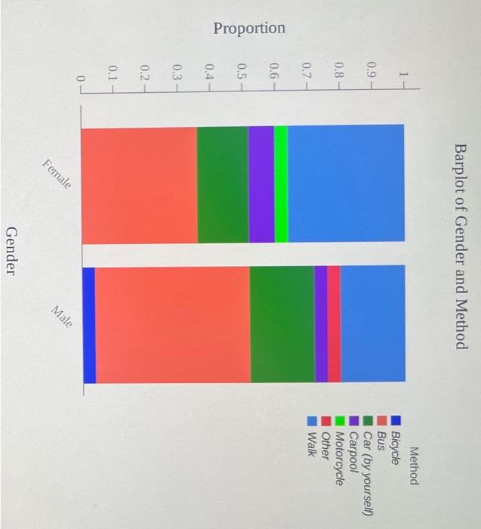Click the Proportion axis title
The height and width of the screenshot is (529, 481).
point(249,29)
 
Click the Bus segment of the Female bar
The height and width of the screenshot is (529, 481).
point(139,185)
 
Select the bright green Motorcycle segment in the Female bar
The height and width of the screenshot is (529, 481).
point(281,185)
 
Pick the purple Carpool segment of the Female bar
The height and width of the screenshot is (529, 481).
point(261,185)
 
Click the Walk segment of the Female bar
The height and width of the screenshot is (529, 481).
point(346,185)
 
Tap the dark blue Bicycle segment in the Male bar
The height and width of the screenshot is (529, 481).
point(88,325)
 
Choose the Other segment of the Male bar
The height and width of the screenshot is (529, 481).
point(334,325)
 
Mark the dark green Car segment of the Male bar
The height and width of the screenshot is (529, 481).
point(282,325)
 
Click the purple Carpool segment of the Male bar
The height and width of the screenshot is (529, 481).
point(321,325)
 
